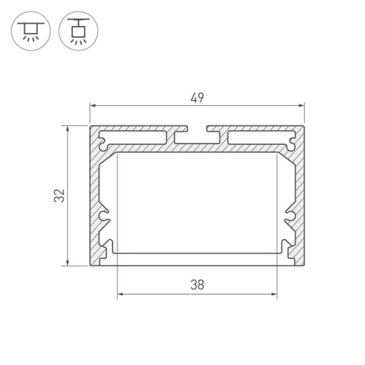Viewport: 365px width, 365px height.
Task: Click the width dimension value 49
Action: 196,97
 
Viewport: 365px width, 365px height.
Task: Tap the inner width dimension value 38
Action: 196,285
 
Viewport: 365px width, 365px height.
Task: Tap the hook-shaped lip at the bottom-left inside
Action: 109,246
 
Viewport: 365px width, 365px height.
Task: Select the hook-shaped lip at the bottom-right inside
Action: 285,246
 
